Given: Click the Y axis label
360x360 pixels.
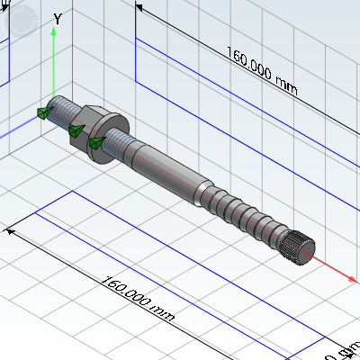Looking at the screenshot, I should pyautogui.click(x=58, y=18).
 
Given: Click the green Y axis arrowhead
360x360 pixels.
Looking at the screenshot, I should pyautogui.click(x=54, y=32).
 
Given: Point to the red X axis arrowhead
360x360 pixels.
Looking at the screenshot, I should pyautogui.click(x=351, y=280).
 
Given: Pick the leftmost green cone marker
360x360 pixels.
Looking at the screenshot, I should pyautogui.click(x=43, y=112).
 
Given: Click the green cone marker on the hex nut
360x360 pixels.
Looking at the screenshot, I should pyautogui.click(x=76, y=131).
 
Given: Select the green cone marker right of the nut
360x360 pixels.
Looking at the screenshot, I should pyautogui.click(x=96, y=142).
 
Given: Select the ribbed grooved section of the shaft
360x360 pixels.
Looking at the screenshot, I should pyautogui.click(x=243, y=215).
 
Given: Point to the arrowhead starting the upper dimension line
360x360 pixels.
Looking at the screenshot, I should pyautogui.click(x=140, y=9).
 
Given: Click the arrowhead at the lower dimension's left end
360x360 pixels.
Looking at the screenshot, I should pyautogui.click(x=11, y=230).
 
